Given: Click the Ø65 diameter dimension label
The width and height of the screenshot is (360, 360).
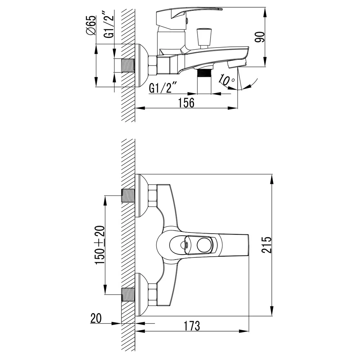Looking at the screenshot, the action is [91, 26].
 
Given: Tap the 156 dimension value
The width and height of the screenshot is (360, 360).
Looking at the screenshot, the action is [186, 103].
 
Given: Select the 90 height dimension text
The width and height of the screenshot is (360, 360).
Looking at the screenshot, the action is [260, 37].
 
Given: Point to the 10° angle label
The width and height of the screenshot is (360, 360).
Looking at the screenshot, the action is [226, 80].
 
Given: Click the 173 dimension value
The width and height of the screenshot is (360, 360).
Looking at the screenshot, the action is [192, 326].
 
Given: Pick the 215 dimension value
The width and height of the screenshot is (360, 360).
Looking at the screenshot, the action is [266, 245].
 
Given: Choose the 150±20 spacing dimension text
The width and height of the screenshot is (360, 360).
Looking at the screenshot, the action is [100, 245].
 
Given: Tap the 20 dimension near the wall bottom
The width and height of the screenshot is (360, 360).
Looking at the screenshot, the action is [96, 319].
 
